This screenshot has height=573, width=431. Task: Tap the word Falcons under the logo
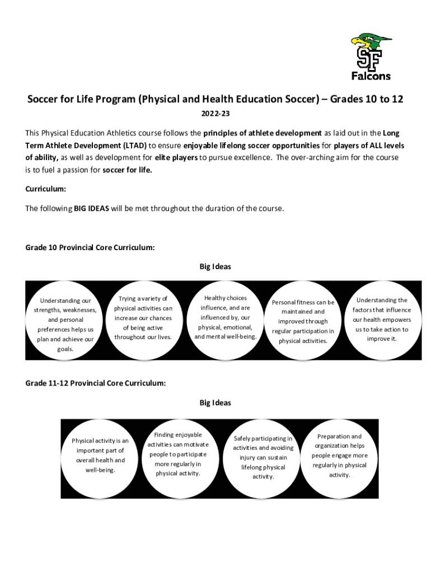(371, 76)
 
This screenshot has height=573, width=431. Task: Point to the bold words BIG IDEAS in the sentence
(91, 209)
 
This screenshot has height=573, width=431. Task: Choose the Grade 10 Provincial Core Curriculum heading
(90, 247)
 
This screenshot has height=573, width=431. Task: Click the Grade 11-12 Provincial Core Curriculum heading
(95, 383)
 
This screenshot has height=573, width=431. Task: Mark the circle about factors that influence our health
(382, 320)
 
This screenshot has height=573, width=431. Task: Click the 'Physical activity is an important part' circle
(100, 455)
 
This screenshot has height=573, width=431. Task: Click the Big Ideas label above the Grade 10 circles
(215, 267)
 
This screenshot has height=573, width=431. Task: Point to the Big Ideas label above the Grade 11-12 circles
(215, 403)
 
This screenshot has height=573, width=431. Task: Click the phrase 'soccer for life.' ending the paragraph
(128, 170)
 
